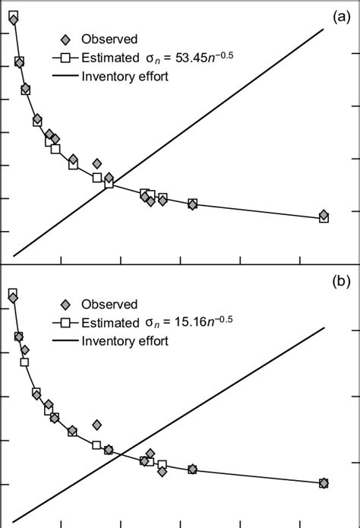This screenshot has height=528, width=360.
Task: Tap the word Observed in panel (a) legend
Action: click(109, 39)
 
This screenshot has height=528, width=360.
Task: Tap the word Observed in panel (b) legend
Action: click(109, 304)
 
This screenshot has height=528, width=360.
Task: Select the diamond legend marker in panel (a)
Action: click(66, 39)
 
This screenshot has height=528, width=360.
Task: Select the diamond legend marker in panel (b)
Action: click(66, 304)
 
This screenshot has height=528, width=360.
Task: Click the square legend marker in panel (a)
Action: click(66, 57)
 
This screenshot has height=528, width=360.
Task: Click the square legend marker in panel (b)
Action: click(66, 323)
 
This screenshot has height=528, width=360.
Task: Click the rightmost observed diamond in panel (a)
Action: click(324, 215)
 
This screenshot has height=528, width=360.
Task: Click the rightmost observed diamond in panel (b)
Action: click(324, 482)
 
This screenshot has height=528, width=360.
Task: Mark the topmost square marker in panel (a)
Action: click(13, 15)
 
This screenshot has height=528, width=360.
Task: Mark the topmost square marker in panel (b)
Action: click(13, 293)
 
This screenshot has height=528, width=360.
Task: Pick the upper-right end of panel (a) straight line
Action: click(324, 29)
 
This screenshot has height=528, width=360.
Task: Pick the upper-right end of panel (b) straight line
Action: click(324, 328)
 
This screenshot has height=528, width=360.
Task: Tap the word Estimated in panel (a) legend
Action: click(109, 57)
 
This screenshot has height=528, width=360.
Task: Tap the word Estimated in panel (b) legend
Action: click(109, 323)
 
